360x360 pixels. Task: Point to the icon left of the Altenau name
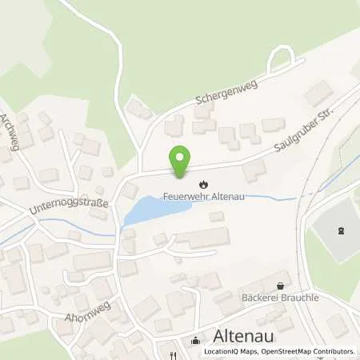tap(196, 340)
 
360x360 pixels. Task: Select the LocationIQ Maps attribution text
tap(228, 352)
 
